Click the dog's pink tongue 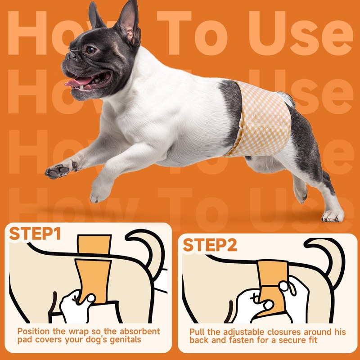77,82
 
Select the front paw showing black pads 58,171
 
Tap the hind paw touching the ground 333,216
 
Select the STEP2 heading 210,246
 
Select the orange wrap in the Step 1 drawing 93,274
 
